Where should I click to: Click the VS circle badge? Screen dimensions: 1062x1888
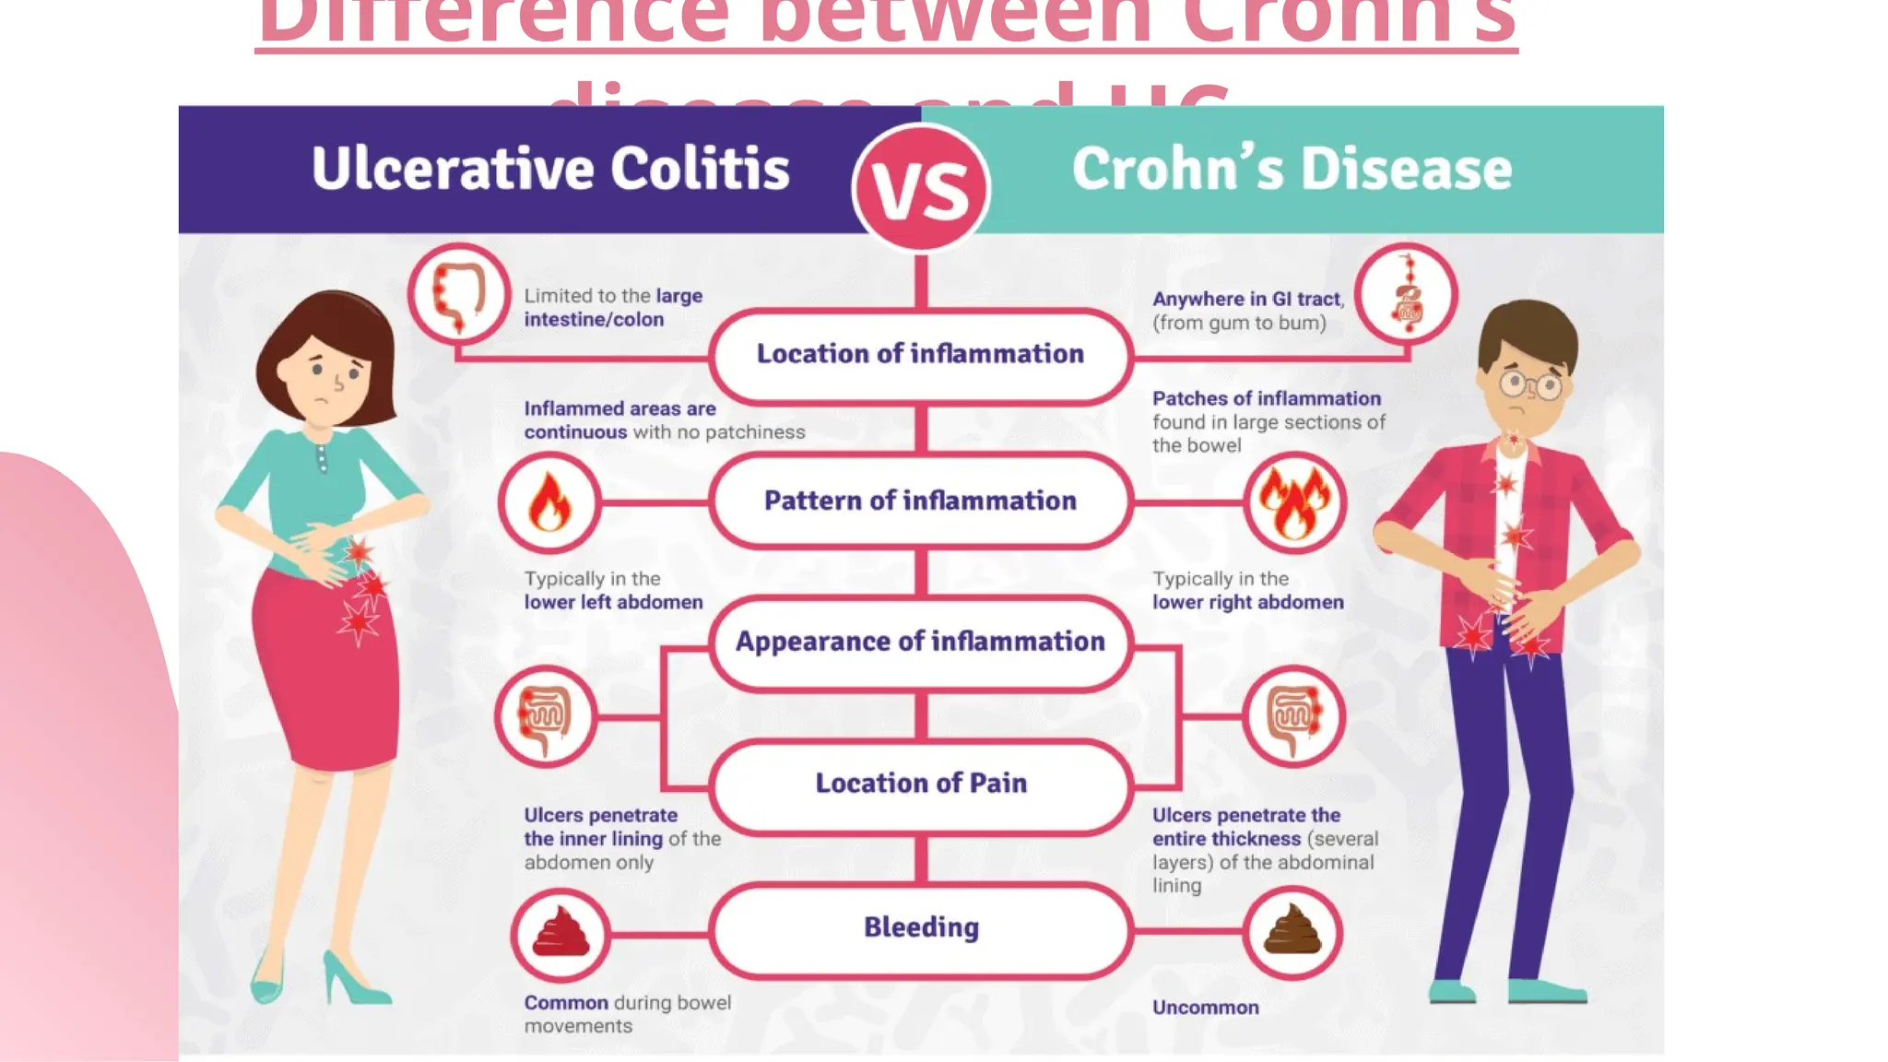921,187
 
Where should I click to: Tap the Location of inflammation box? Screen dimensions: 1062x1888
921,355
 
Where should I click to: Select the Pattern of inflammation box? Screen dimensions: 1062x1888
921,501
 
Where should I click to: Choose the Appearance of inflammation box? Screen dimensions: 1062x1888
921,642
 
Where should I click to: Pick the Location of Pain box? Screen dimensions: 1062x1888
921,784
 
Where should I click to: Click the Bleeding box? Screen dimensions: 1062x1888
921,928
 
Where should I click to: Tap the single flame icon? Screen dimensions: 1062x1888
549,503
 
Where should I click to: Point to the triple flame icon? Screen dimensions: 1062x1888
1294,503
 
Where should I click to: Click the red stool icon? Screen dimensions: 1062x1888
560,934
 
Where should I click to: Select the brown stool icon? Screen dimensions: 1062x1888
1292,932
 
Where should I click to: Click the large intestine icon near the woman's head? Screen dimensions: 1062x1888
459,294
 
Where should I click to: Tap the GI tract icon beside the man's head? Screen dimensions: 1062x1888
1407,294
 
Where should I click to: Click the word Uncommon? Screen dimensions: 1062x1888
1205,1008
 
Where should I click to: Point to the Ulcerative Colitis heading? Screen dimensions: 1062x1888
550,169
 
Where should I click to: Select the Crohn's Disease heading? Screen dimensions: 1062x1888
1292,169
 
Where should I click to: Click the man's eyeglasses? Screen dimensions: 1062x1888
1531,383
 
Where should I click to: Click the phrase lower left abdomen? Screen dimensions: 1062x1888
613,603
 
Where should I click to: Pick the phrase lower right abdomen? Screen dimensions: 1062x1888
1247,603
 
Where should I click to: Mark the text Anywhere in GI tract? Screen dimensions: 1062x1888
1246,300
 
